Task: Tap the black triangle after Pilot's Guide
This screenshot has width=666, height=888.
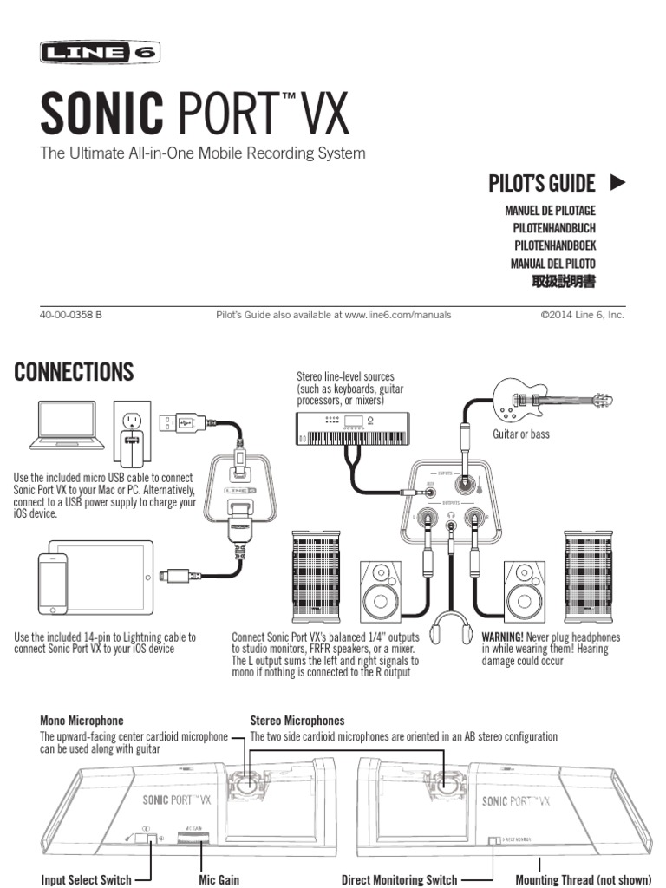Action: click(617, 183)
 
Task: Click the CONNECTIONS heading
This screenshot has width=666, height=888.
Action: click(75, 373)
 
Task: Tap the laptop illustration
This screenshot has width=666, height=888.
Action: click(68, 425)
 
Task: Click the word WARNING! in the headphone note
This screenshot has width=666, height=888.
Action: click(503, 637)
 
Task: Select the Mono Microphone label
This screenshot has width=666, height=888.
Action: click(82, 721)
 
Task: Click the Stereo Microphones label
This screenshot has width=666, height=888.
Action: click(297, 721)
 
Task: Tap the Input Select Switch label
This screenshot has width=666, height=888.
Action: click(87, 880)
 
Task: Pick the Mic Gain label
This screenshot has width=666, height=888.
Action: click(219, 880)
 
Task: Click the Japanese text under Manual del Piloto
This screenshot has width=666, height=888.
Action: click(565, 282)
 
